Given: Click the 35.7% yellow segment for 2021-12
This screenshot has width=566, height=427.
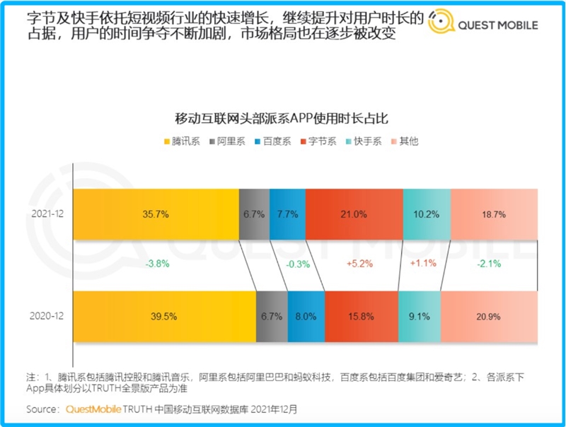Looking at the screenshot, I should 156,214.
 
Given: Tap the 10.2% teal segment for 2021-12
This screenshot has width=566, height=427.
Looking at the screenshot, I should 426,214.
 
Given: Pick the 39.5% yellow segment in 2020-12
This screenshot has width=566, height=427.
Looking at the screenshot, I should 165,315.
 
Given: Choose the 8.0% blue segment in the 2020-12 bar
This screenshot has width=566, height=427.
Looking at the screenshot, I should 306,315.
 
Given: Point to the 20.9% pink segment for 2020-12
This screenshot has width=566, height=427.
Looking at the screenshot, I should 489,315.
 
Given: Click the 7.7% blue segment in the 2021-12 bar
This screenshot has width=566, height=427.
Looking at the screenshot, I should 287,214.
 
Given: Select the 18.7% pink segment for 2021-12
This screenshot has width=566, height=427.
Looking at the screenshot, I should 493,214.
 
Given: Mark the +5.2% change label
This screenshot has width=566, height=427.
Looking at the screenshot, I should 360,264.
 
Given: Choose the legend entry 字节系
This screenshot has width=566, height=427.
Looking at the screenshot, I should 326,141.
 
